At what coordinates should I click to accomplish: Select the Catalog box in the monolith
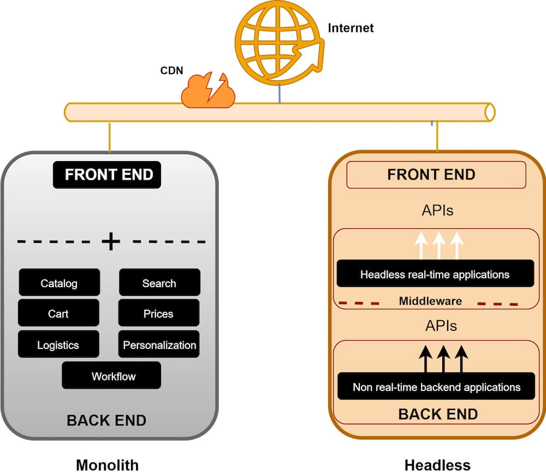[x=59, y=283]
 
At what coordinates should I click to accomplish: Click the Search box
[x=159, y=283]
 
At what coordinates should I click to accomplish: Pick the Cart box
[x=58, y=313]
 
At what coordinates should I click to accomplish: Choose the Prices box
[x=159, y=313]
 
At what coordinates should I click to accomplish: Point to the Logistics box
[x=58, y=345]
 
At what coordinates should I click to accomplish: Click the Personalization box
[x=159, y=345]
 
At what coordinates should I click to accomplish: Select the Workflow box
[x=111, y=376]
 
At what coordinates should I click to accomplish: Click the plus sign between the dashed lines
[x=111, y=241]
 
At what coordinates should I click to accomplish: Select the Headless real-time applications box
[x=435, y=274]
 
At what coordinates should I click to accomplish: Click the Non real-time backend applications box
[x=436, y=387]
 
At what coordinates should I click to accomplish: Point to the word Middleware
[x=430, y=301]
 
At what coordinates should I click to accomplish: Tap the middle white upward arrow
[x=438, y=245]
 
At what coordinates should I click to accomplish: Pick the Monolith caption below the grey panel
[x=107, y=465]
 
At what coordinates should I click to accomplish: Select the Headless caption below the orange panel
[x=437, y=465]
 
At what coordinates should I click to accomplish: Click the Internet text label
[x=351, y=28]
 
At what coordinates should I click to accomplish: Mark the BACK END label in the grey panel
[x=106, y=420]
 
